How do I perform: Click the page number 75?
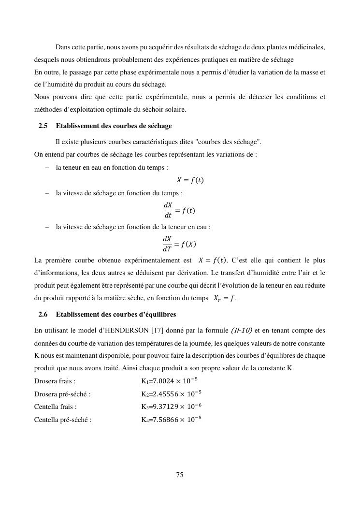click(180, 475)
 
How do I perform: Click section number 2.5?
click(43, 126)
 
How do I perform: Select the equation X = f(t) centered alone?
click(190, 180)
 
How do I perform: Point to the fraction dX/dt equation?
click(179, 210)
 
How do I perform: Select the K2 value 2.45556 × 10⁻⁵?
click(171, 393)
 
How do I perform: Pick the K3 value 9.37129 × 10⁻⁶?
click(171, 407)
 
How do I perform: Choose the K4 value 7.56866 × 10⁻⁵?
click(171, 419)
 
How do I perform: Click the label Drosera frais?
click(55, 381)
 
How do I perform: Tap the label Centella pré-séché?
click(63, 420)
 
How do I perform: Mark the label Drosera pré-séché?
click(62, 394)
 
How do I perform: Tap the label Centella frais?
click(55, 407)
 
